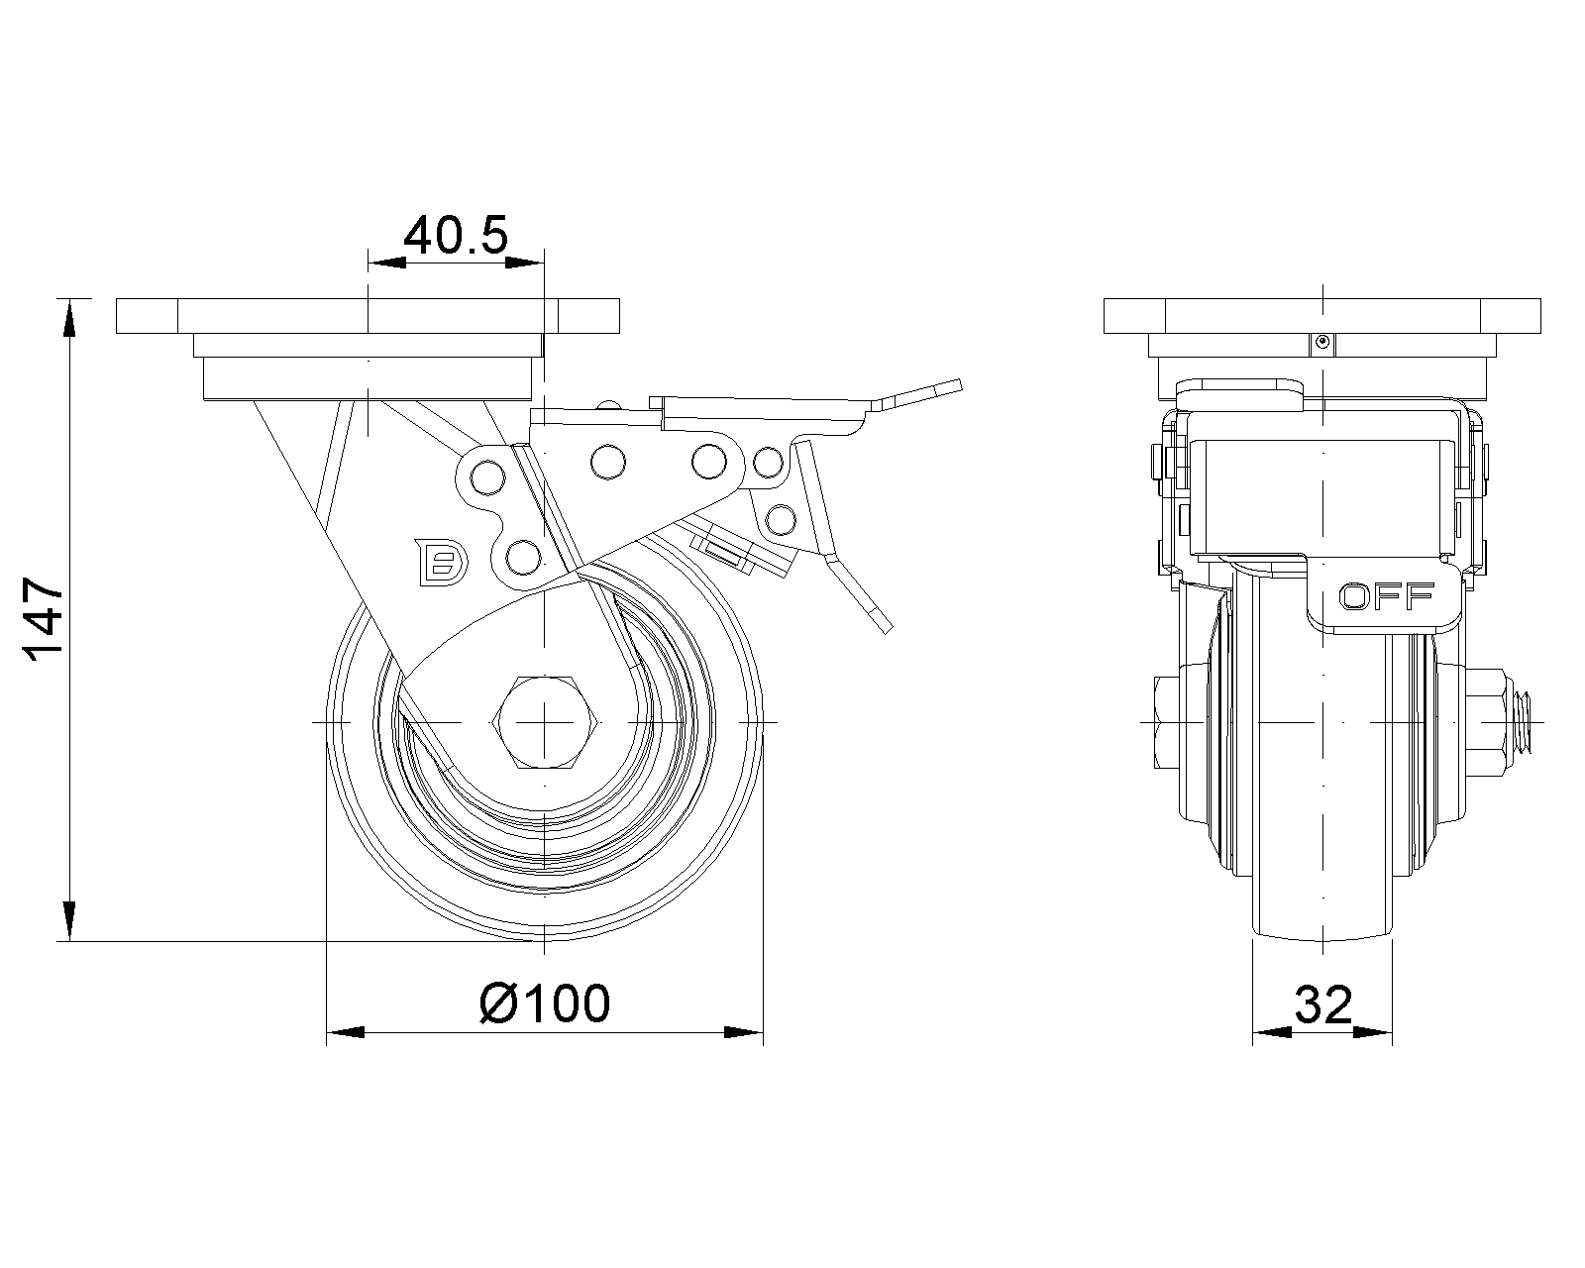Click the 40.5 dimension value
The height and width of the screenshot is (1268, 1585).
(x=456, y=235)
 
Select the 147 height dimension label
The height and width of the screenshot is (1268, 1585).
(x=44, y=619)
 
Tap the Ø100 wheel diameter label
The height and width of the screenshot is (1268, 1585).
(x=545, y=1003)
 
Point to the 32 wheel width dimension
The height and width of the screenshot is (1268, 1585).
(x=1323, y=1004)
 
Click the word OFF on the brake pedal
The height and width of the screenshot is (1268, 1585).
(x=1387, y=596)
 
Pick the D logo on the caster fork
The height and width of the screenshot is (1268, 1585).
(x=442, y=563)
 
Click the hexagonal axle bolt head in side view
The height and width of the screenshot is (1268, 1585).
(x=545, y=722)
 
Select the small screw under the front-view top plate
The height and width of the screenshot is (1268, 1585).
(x=1323, y=343)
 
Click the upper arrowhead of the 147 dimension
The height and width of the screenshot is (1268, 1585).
(x=70, y=319)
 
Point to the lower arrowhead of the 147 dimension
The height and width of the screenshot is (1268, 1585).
(x=70, y=921)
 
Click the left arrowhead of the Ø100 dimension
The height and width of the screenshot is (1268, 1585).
(x=346, y=1032)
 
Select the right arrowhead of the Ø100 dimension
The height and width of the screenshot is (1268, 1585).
(x=744, y=1032)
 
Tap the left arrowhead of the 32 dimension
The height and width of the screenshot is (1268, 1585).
(x=1272, y=1032)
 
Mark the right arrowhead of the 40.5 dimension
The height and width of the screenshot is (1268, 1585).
(x=524, y=263)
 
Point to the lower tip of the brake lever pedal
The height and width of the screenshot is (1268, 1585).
(x=886, y=627)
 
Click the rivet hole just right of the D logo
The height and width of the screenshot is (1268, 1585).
(x=524, y=558)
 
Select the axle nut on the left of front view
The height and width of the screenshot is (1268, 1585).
(x=1165, y=722)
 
